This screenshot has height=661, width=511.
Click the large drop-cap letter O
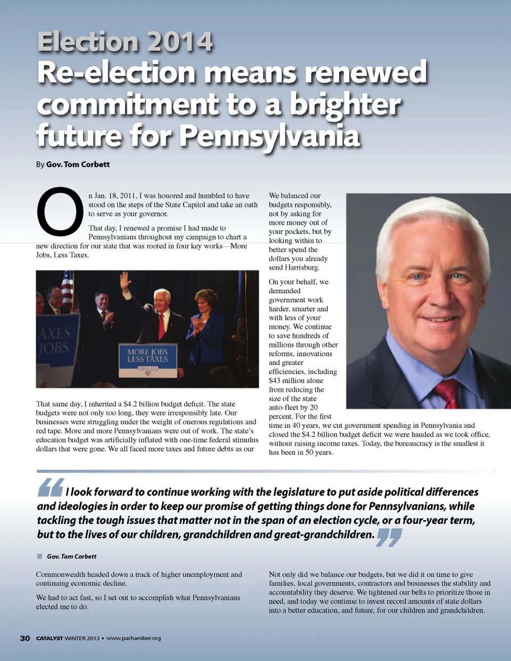click(x=60, y=211)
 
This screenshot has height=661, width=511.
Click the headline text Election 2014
click(x=125, y=42)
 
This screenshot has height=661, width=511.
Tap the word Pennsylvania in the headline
click(x=269, y=136)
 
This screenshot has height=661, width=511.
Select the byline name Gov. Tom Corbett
click(x=78, y=164)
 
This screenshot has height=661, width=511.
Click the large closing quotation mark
click(x=389, y=537)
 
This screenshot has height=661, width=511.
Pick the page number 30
click(x=25, y=638)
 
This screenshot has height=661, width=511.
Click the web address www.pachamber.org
click(x=134, y=638)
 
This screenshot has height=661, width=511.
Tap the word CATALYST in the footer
click(x=50, y=638)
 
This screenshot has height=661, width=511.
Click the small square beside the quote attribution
click(x=39, y=556)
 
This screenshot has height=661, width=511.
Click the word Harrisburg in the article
click(x=301, y=268)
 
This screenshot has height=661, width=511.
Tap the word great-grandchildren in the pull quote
click(x=324, y=534)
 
